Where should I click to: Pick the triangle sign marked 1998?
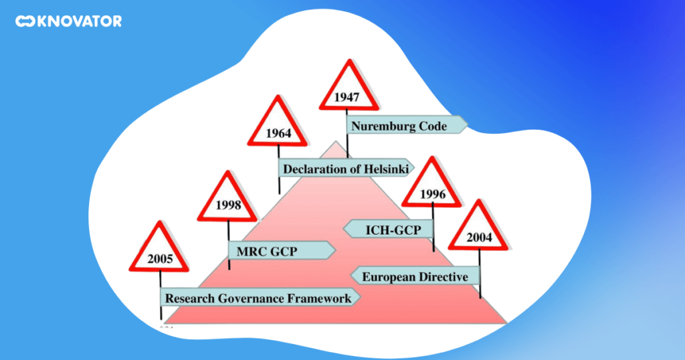[x=228, y=201]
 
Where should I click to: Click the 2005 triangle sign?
[x=161, y=252]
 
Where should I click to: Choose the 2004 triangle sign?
[x=479, y=231]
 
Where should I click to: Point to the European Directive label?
[x=415, y=276]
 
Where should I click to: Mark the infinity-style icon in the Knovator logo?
[x=25, y=21]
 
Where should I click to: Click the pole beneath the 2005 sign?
[x=161, y=304]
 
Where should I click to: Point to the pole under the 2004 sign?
[x=480, y=281]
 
